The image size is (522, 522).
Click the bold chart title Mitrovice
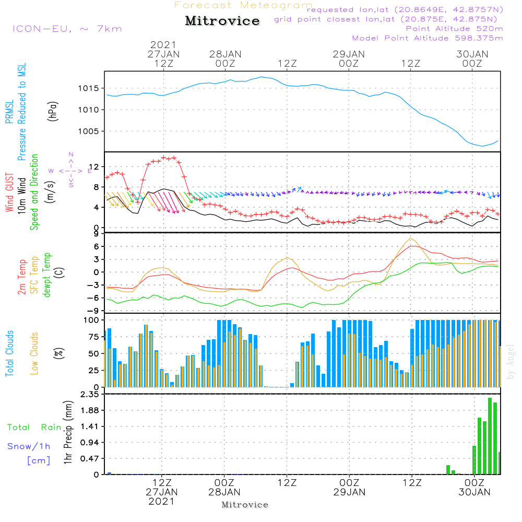(x=222, y=21)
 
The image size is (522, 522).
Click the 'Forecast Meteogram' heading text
(x=243, y=5)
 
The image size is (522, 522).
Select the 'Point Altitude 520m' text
(x=454, y=29)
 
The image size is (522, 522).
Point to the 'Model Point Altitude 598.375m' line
(x=428, y=38)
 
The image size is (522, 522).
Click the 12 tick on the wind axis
(x=94, y=166)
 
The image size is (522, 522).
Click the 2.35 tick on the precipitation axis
(x=89, y=395)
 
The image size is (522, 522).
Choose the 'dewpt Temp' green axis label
(x=46, y=275)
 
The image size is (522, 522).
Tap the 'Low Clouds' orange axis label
(x=34, y=353)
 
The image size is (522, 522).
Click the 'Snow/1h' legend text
(x=29, y=446)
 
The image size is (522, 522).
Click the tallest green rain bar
(x=490, y=436)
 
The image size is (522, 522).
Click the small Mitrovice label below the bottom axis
(x=245, y=505)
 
